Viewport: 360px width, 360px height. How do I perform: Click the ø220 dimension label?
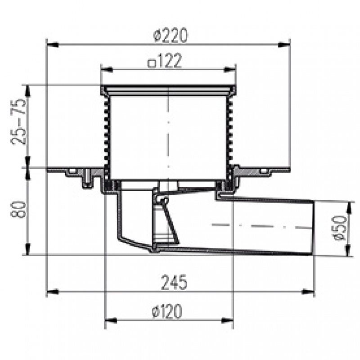(x=171, y=35)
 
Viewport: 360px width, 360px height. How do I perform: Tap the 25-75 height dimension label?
(x=18, y=121)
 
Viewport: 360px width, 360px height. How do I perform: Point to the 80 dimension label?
(x=18, y=210)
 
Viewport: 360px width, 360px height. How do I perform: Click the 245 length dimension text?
(x=174, y=282)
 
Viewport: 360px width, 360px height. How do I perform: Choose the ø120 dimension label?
(x=167, y=311)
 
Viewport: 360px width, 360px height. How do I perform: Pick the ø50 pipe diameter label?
(x=340, y=228)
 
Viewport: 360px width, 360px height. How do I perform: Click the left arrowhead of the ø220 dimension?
(x=53, y=45)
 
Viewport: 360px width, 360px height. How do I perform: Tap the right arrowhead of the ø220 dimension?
(x=284, y=45)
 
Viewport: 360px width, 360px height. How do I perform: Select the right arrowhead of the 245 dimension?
(x=308, y=292)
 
